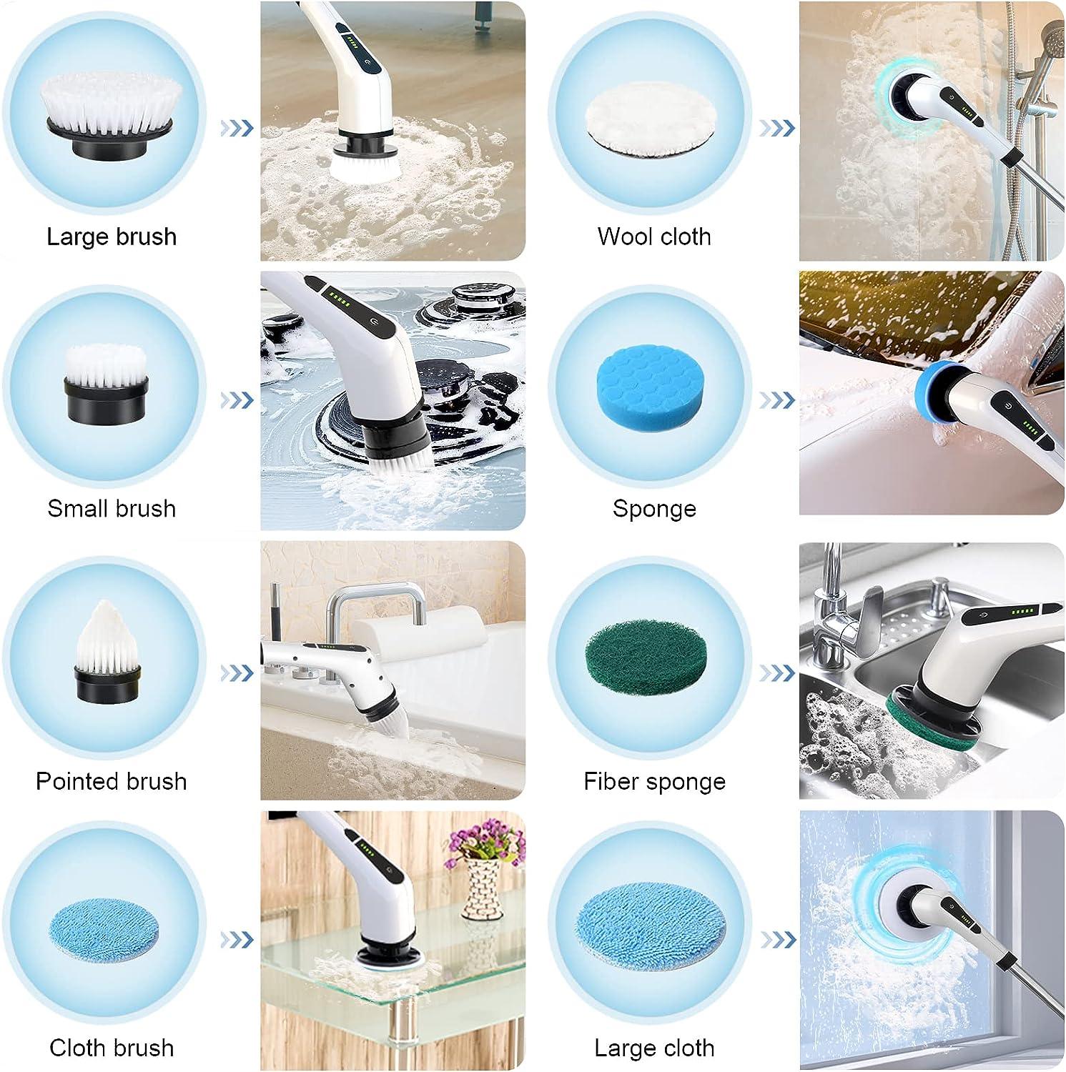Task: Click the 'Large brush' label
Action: (112, 237)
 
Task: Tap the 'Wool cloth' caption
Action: (654, 237)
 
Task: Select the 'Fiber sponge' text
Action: (654, 781)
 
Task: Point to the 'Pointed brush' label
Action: (112, 781)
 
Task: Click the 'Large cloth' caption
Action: (654, 1048)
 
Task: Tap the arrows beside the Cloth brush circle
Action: (237, 938)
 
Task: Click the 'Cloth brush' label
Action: (112, 1048)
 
